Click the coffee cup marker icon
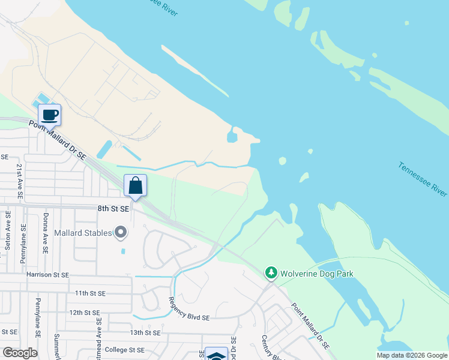tap(49, 114)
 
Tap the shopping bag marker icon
tap(135, 185)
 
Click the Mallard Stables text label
tap(83, 233)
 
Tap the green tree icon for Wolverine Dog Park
tap(271, 274)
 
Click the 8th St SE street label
tap(113, 209)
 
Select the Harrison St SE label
tap(47, 274)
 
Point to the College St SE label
tap(125, 350)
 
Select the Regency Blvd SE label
tap(188, 308)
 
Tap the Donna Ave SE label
tap(45, 233)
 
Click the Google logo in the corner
tap(20, 352)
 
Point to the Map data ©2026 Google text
tap(411, 355)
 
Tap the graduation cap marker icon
tap(216, 355)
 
